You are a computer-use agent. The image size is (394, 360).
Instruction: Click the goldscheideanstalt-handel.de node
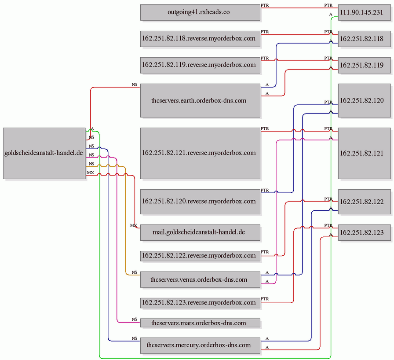point(44,153)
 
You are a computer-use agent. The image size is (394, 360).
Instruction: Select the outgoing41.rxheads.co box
point(200,12)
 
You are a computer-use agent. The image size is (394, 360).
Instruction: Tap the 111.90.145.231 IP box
point(365,12)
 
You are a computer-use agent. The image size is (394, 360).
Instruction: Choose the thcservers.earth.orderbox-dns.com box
point(200,100)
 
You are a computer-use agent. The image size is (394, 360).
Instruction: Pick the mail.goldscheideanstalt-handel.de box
point(200,232)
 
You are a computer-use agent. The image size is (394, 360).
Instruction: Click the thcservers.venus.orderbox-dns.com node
point(200,279)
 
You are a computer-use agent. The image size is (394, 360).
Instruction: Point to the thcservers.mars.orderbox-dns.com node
point(200,323)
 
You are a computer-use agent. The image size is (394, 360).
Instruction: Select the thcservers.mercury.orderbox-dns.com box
point(200,345)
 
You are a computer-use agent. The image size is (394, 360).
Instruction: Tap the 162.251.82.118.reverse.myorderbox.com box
point(200,39)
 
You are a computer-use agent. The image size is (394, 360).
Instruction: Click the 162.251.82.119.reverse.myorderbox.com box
point(200,65)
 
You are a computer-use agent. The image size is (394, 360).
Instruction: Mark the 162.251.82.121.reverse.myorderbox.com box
point(200,153)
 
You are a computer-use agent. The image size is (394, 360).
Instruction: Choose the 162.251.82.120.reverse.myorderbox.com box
point(200,202)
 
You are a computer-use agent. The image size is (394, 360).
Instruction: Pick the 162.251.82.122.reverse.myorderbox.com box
point(200,256)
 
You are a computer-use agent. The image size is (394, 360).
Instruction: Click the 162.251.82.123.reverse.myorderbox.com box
point(200,303)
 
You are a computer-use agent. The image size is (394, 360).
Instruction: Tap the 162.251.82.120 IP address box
point(365,100)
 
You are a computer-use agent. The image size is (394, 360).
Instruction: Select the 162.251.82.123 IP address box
point(365,232)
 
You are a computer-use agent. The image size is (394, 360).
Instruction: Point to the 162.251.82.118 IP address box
point(365,39)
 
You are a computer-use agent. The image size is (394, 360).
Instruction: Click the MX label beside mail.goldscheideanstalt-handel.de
point(133,225)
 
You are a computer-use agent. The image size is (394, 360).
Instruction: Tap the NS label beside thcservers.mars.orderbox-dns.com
point(135,319)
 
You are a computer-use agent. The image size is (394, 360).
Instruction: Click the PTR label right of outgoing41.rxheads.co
point(265,5)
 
